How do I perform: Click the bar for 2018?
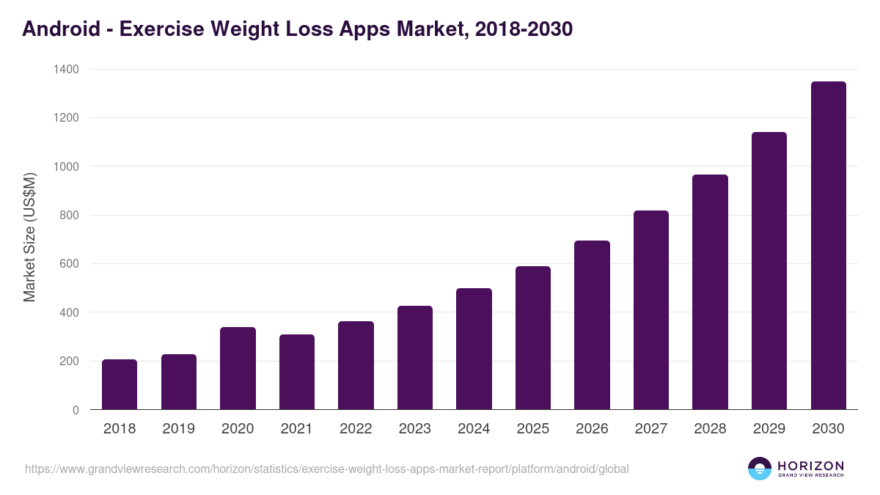120,384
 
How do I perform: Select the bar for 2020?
238,368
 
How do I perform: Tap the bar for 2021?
297,372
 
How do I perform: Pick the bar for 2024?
474,349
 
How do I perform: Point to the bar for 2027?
651,310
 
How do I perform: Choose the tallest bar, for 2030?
828,246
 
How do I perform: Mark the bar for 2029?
769,271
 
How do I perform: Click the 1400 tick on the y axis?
66,69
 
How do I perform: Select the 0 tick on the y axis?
76,410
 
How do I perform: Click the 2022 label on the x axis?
356,429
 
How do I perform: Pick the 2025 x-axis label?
533,429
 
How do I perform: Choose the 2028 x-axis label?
710,429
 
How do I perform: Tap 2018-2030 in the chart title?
524,29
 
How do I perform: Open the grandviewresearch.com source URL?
326,469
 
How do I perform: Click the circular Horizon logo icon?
759,469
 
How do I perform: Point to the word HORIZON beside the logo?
810,465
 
